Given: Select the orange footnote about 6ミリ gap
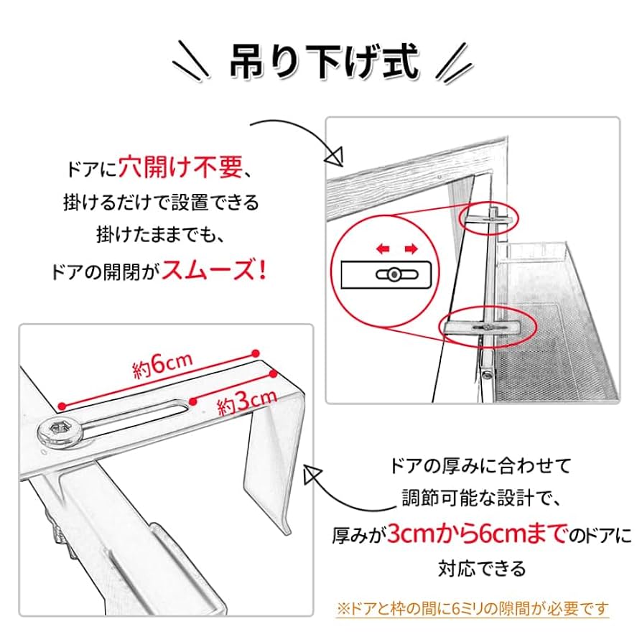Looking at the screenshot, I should (x=472, y=608).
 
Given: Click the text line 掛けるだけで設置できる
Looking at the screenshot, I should (x=159, y=203).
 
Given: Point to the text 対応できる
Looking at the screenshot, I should (x=483, y=569).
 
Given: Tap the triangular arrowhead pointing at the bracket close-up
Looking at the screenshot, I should (x=314, y=473).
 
